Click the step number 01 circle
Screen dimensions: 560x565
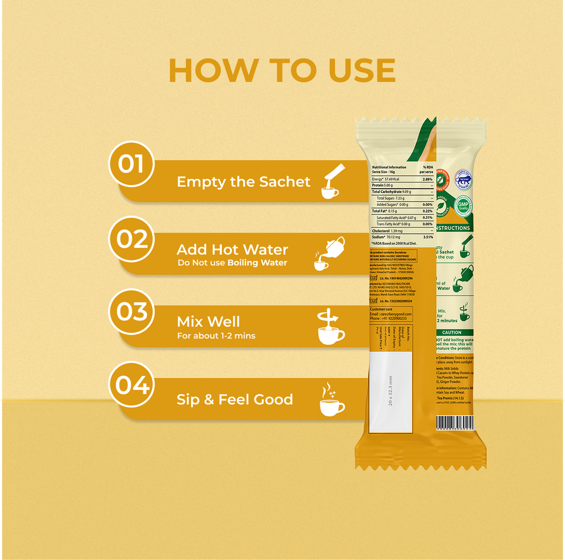click(x=131, y=164)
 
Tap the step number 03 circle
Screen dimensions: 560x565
click(x=132, y=311)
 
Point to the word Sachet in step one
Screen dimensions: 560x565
click(x=286, y=182)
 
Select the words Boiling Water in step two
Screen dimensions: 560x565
click(x=257, y=263)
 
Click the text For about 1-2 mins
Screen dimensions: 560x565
click(x=216, y=336)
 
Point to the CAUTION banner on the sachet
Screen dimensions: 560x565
click(x=452, y=332)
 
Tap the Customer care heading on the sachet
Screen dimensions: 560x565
click(x=382, y=309)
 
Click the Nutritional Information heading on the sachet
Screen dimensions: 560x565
click(x=389, y=167)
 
